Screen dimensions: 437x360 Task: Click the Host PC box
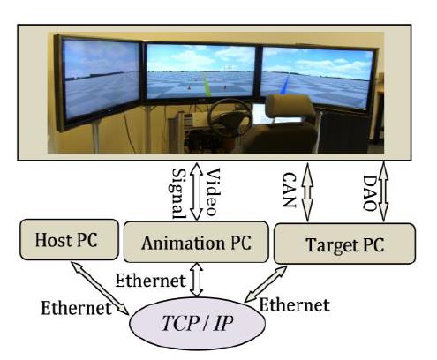[69, 239]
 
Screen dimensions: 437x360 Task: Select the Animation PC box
[196, 242]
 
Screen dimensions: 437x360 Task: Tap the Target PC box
[344, 244]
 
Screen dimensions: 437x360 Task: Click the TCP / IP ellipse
[197, 323]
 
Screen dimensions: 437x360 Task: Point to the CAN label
[289, 190]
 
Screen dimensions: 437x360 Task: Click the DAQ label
[370, 193]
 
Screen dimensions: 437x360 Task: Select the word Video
[213, 191]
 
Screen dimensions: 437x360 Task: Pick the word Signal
[178, 193]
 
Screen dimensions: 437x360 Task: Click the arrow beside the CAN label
[307, 192]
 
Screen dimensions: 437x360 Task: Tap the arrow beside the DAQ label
[383, 191]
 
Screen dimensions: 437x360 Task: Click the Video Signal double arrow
[196, 191]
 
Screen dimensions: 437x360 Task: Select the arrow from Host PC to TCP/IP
[100, 288]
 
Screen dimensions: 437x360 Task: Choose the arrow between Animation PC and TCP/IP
[197, 280]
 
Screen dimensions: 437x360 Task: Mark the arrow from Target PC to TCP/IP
[266, 284]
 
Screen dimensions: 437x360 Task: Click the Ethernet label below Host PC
[76, 308]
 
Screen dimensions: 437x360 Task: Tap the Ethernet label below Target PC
[294, 305]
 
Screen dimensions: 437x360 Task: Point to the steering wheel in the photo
[230, 117]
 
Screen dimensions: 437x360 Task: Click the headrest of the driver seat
[290, 106]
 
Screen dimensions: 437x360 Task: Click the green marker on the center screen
[207, 85]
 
